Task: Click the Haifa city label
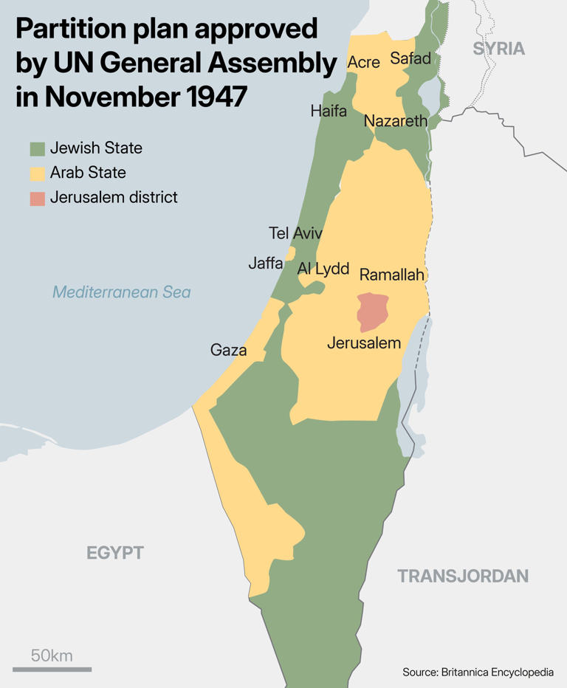click(329, 111)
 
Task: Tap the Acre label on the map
click(363, 63)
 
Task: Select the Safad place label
click(410, 58)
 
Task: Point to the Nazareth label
click(396, 121)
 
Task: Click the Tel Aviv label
click(295, 233)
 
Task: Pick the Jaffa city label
click(265, 264)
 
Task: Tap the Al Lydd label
click(323, 269)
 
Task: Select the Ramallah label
click(392, 275)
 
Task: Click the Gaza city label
click(228, 350)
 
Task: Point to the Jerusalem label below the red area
click(364, 343)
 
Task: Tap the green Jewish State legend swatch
click(38, 148)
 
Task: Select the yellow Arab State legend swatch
click(38, 173)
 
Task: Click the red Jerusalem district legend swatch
click(38, 199)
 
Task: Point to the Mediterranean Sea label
click(122, 292)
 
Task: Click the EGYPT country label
click(114, 553)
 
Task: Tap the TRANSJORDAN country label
click(463, 577)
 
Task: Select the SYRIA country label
click(498, 49)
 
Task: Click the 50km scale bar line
click(52, 669)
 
